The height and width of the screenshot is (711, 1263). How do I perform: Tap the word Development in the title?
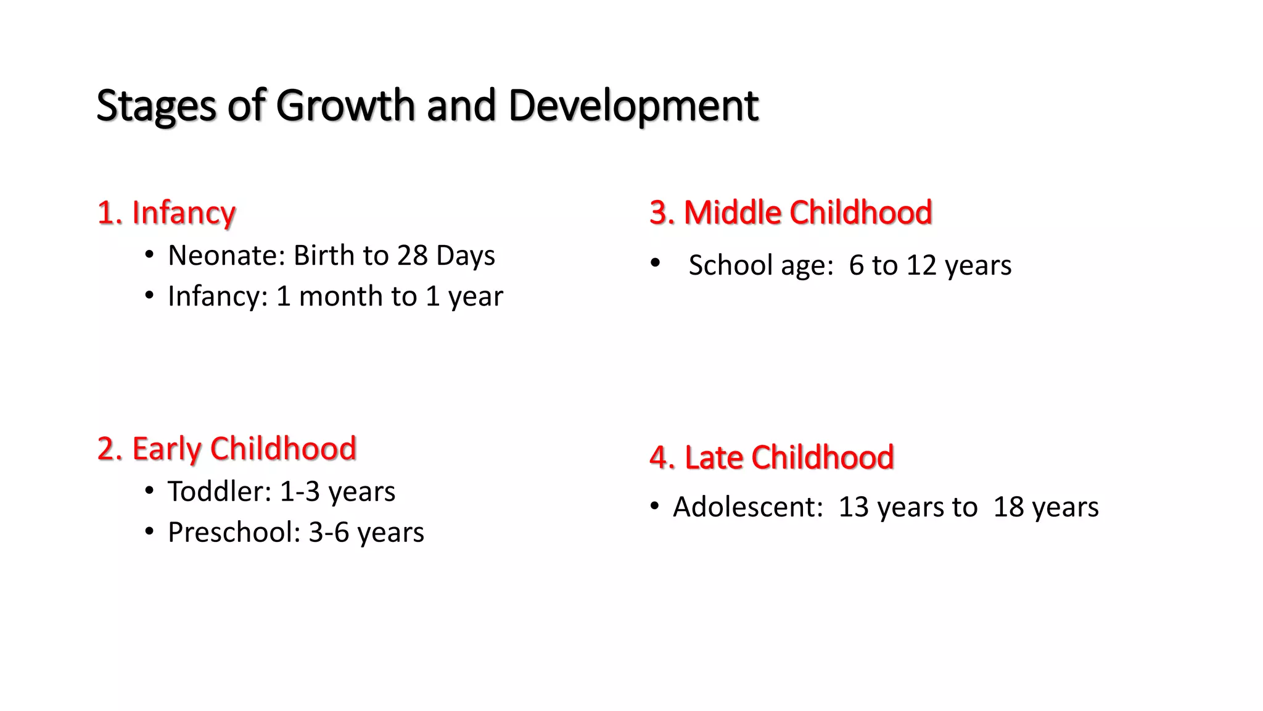point(633,106)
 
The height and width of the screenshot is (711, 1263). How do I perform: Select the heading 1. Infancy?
point(167,213)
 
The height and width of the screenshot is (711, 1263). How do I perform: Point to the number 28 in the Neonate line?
point(412,256)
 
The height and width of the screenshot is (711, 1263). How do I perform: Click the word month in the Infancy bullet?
point(357,296)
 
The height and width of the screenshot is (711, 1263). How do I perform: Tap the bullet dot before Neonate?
point(149,256)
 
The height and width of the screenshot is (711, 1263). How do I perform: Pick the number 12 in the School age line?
point(921,265)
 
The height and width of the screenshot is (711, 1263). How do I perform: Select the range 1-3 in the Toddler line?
point(300,492)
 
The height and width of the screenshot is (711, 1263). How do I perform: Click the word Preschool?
point(234,532)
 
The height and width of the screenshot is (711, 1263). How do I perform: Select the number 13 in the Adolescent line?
point(854,507)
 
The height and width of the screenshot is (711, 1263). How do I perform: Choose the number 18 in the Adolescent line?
point(1008,507)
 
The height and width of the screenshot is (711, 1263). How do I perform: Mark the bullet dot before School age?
point(655,264)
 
